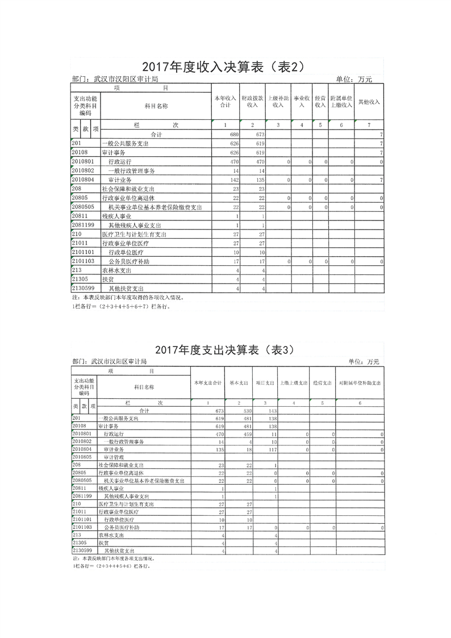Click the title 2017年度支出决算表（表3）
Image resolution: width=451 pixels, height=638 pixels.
(224, 348)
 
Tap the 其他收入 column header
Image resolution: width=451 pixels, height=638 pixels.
(369, 102)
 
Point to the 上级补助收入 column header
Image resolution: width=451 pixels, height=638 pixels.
(278, 102)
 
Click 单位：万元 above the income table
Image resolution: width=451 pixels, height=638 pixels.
(353, 79)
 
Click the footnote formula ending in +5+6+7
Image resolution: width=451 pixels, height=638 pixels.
(120, 306)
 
